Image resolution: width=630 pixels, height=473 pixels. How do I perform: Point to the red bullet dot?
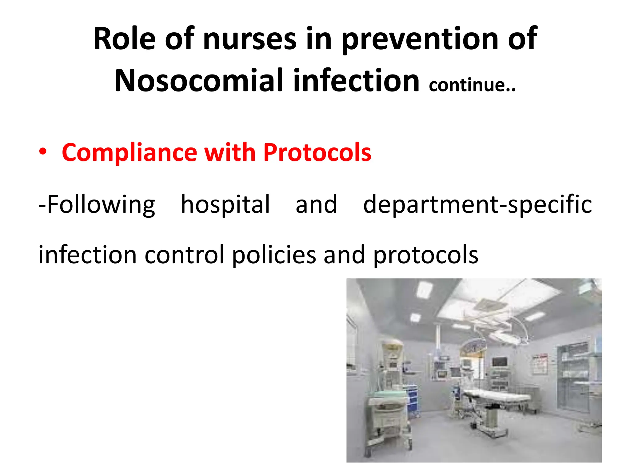[x=43, y=152]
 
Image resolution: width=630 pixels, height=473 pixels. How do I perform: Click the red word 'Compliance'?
[x=129, y=152]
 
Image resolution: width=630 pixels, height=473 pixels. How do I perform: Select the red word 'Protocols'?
[x=317, y=152]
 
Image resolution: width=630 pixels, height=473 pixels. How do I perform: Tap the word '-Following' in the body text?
[x=97, y=204]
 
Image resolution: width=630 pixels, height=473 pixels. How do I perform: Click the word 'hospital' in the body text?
[x=225, y=204]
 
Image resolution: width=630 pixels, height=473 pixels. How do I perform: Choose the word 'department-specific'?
[x=477, y=204]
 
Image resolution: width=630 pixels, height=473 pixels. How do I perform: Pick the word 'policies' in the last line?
[x=274, y=255]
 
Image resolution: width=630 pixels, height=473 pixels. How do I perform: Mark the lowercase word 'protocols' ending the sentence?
[x=426, y=255]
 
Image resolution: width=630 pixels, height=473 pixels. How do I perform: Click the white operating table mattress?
[x=495, y=395]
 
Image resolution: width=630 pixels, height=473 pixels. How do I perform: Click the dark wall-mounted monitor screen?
[x=499, y=362]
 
